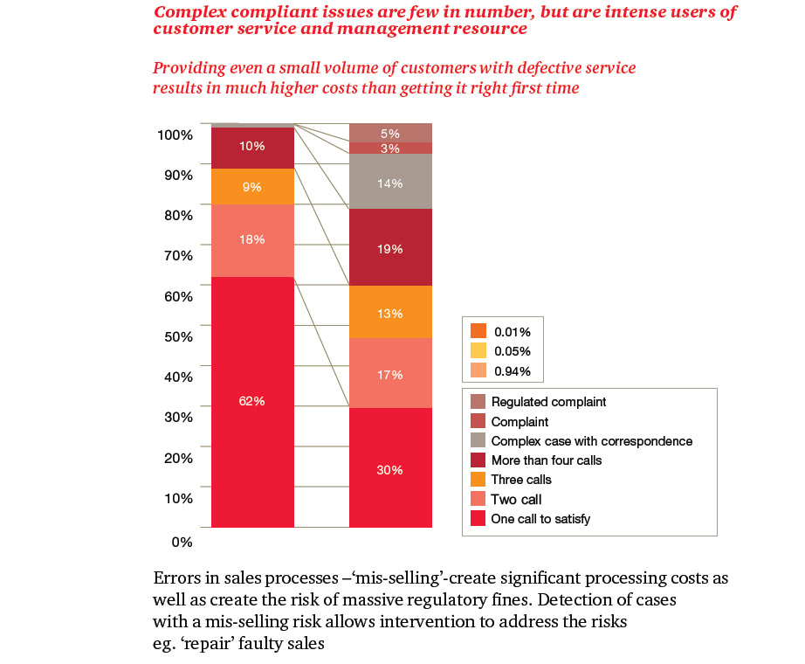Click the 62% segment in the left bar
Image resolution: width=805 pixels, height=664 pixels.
pyautogui.click(x=252, y=401)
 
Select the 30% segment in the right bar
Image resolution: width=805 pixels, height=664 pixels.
pyautogui.click(x=390, y=468)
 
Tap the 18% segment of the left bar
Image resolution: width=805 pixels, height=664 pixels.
pyautogui.click(x=252, y=240)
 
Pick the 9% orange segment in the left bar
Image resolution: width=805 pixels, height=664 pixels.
pyautogui.click(x=252, y=186)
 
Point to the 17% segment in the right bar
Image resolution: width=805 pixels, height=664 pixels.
pyautogui.click(x=390, y=374)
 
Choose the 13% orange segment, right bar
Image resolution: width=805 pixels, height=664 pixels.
pyautogui.click(x=390, y=313)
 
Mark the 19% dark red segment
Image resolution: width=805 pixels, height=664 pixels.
pyautogui.click(x=390, y=248)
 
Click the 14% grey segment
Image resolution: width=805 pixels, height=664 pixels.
pyautogui.click(x=390, y=182)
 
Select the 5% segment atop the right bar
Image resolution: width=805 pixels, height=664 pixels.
pyautogui.click(x=390, y=133)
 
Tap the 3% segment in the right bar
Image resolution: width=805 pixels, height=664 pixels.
pyautogui.click(x=390, y=149)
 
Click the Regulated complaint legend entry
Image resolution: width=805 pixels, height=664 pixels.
pyautogui.click(x=548, y=402)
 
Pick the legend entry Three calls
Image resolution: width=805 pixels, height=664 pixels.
pyautogui.click(x=520, y=480)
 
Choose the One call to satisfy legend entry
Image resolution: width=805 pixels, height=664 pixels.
pyautogui.click(x=540, y=519)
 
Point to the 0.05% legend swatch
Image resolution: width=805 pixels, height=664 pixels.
pyautogui.click(x=478, y=350)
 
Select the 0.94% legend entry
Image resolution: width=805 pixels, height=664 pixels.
pyautogui.click(x=512, y=371)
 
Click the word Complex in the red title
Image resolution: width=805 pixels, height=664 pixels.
pyautogui.click(x=186, y=11)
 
